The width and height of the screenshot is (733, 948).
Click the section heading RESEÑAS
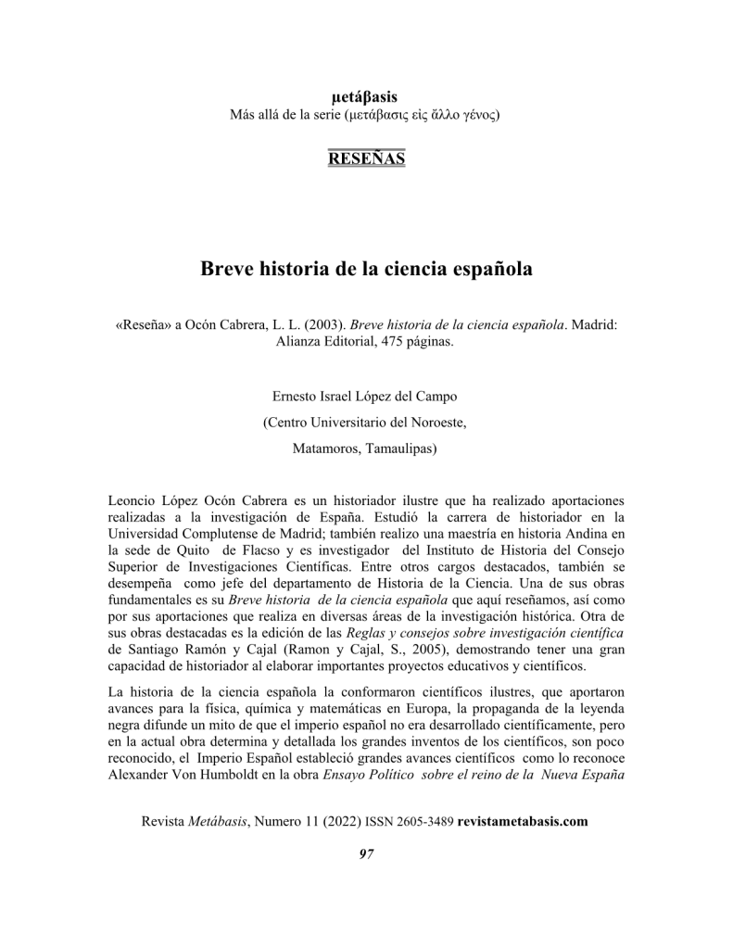[x=366, y=158]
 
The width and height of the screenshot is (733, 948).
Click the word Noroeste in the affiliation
[x=436, y=423]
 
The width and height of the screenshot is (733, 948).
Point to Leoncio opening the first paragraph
[x=134, y=500]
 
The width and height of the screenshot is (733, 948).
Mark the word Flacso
[x=275, y=550]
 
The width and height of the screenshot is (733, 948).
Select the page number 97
[x=366, y=853]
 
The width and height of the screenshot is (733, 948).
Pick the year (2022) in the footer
[x=343, y=822]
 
